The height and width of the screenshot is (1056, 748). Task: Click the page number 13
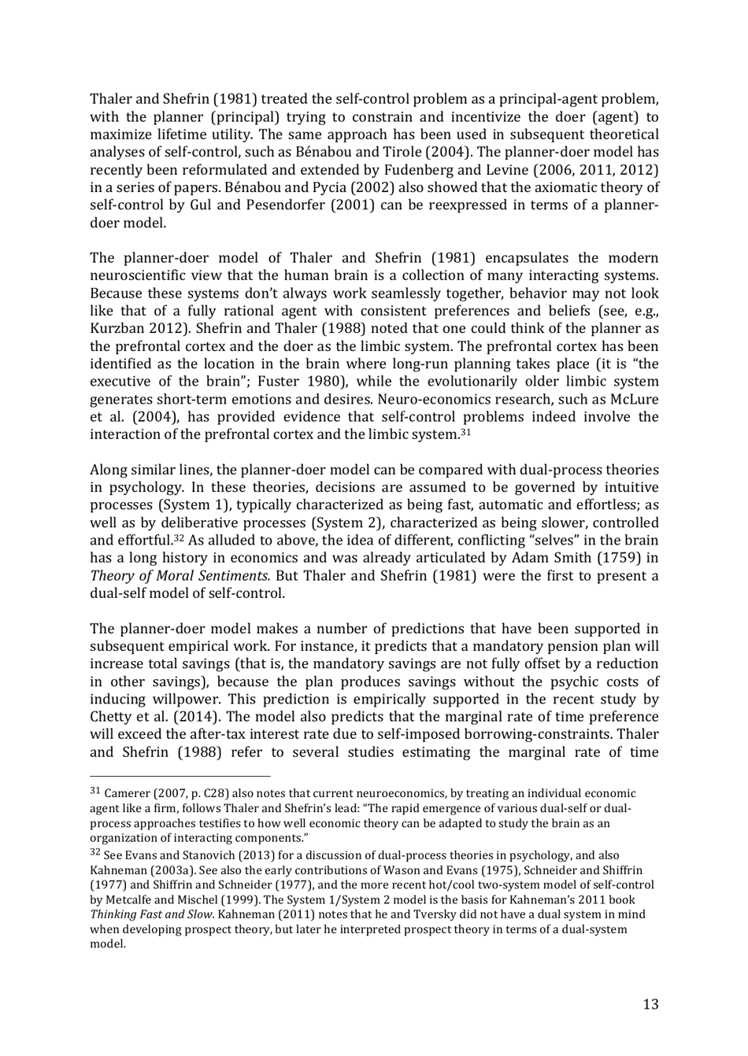650,1004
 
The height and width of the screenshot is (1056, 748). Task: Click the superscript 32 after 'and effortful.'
180,537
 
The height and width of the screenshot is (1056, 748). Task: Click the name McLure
635,399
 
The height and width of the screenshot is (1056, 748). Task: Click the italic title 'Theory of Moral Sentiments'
180,575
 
